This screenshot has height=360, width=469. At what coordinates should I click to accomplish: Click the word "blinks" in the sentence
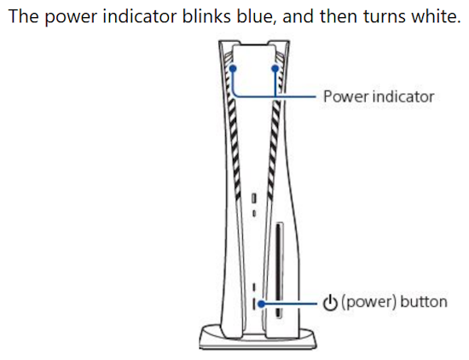pyautogui.click(x=206, y=16)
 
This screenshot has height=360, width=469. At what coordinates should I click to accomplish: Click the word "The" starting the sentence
pyautogui.click(x=24, y=16)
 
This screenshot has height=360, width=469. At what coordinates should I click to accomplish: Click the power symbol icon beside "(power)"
pyautogui.click(x=330, y=303)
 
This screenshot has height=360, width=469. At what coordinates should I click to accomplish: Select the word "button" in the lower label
pyautogui.click(x=424, y=302)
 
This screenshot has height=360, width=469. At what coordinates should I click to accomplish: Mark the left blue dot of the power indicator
pyautogui.click(x=233, y=68)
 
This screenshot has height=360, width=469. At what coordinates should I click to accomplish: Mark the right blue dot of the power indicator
pyautogui.click(x=275, y=68)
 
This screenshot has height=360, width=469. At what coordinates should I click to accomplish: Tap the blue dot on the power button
pyautogui.click(x=262, y=304)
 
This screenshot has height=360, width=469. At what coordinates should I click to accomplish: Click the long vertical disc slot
pyautogui.click(x=280, y=270)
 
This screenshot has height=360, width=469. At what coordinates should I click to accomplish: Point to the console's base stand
pyautogui.click(x=258, y=338)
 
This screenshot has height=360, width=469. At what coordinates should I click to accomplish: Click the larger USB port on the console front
pyautogui.click(x=254, y=198)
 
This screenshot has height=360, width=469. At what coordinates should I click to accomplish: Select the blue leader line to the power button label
pyautogui.click(x=289, y=304)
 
